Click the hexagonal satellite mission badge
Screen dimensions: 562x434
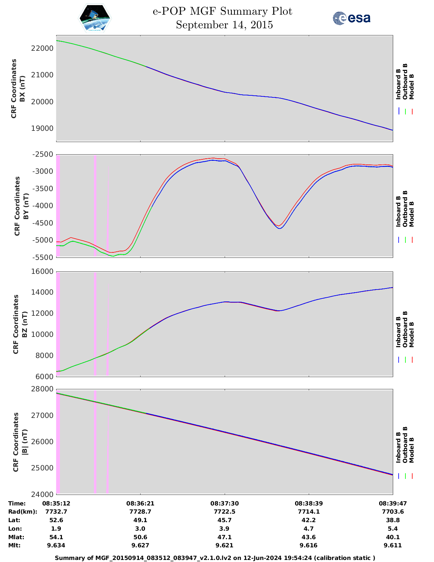pos(95,18)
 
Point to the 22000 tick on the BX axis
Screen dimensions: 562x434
pos(42,48)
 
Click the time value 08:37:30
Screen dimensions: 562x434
pos(224,503)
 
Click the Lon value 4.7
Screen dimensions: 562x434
pos(308,529)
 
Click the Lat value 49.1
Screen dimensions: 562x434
pos(140,520)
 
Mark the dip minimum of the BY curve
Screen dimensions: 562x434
pos(279,228)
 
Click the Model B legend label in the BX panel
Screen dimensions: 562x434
pos(412,87)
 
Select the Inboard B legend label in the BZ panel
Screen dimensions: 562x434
pos(398,332)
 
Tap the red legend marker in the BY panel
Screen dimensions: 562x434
pos(412,240)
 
